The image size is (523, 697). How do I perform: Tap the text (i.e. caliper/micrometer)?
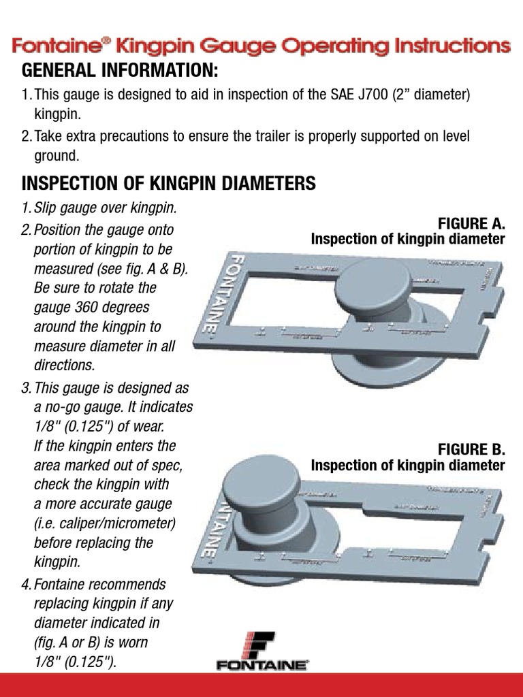pos(104,523)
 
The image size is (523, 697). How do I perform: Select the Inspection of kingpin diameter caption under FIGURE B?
pos(407,466)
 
